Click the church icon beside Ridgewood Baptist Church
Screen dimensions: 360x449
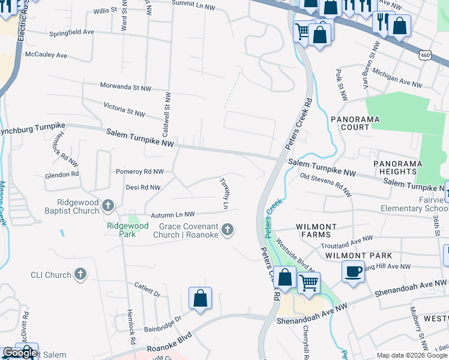[108, 206]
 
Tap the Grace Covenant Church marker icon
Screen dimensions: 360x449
[227, 229]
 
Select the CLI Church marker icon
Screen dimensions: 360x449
[80, 275]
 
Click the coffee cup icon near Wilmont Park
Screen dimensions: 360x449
[353, 271]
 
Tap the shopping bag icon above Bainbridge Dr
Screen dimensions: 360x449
[200, 298]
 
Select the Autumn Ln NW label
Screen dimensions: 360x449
[172, 214]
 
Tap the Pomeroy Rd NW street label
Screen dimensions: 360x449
[140, 172]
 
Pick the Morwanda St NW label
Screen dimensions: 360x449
[125, 88]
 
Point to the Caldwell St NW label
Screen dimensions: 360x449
[166, 113]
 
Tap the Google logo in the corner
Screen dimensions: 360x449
[19, 353]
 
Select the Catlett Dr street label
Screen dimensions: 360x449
[147, 290]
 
